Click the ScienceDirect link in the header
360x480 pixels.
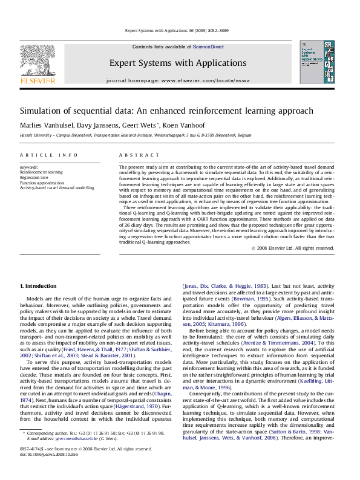(208, 47)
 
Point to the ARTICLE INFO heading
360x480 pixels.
(49, 155)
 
